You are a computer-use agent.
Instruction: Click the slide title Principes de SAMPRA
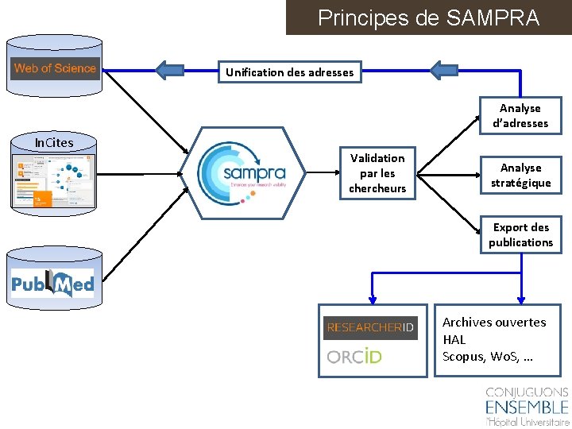[x=428, y=17]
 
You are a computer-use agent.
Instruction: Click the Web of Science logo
[x=55, y=68]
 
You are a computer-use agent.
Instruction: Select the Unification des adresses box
[x=289, y=72]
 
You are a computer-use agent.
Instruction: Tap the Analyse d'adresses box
[x=520, y=116]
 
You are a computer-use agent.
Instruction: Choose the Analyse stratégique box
[x=520, y=176]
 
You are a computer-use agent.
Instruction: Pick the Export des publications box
[x=520, y=235]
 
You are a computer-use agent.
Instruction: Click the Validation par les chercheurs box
[x=377, y=173]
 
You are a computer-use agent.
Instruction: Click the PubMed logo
[x=52, y=284]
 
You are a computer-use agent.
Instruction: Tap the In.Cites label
[x=54, y=143]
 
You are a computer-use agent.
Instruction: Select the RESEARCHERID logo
[x=370, y=327]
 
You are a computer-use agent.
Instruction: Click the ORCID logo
[x=354, y=357]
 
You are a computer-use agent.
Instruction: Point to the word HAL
[x=454, y=339]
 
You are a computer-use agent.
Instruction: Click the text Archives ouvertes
[x=494, y=323]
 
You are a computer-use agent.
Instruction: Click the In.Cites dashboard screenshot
[x=54, y=179]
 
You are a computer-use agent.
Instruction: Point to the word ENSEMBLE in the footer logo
[x=527, y=408]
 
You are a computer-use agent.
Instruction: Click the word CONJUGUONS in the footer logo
[x=527, y=392]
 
